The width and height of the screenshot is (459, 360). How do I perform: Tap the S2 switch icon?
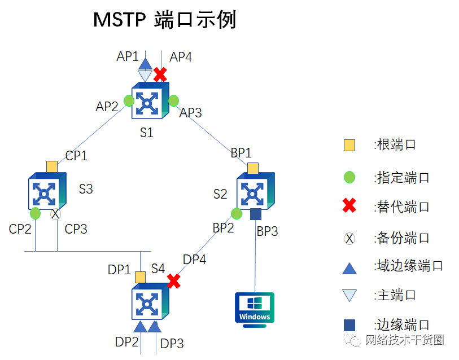click(255, 192)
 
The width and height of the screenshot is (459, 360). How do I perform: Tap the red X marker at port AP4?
click(160, 74)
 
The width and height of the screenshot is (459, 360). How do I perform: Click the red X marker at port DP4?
click(173, 281)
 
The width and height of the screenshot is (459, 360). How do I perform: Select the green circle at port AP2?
click(129, 101)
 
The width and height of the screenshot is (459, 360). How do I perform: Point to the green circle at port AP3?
click(173, 101)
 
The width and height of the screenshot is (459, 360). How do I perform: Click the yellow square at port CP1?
click(52, 166)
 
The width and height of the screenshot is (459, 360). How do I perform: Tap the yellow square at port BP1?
click(253, 168)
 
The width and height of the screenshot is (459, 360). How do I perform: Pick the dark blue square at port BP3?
click(255, 214)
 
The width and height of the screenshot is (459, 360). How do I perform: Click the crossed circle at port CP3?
click(55, 214)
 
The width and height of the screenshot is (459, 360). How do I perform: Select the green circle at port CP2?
click(35, 213)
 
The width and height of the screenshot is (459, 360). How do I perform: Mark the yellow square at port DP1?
click(140, 277)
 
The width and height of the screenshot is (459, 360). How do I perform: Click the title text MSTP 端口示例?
click(164, 20)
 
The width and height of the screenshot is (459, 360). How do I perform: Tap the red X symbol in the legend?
click(349, 207)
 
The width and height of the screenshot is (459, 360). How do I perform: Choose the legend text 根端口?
click(395, 144)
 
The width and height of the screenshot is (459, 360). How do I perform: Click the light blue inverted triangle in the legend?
click(349, 295)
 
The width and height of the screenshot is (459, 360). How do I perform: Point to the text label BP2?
click(224, 228)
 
